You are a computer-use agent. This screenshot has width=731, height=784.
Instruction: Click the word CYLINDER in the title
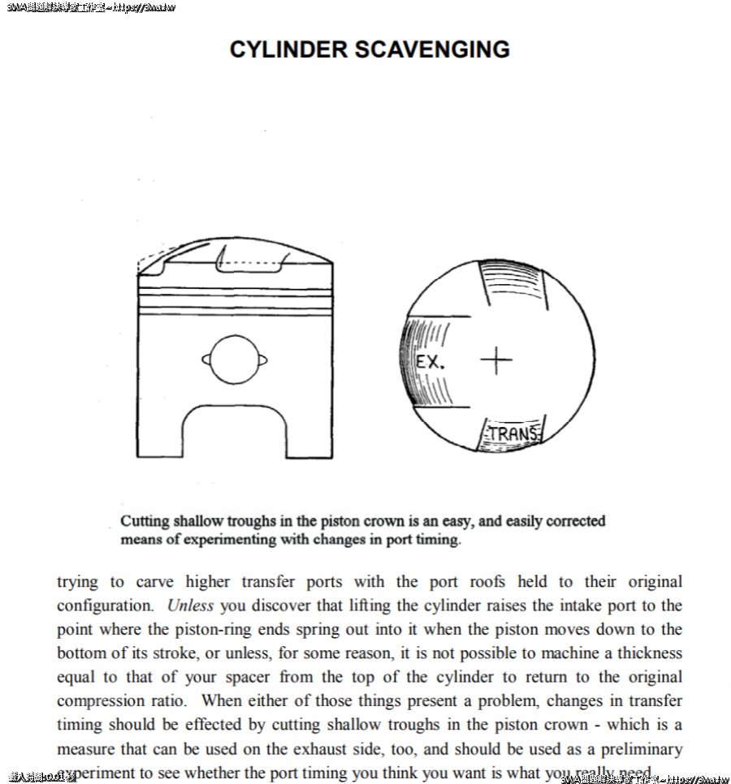tap(289, 50)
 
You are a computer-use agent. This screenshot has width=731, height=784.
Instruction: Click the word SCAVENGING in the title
tap(432, 50)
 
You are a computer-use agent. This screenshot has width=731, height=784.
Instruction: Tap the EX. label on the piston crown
tap(430, 362)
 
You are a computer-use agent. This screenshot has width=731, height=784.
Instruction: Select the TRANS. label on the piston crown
tap(514, 434)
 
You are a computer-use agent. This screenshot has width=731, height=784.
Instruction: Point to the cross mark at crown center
tap(496, 360)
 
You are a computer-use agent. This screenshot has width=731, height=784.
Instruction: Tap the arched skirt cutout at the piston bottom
tap(235, 431)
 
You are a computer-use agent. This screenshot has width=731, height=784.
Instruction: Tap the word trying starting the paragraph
tap(77, 582)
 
